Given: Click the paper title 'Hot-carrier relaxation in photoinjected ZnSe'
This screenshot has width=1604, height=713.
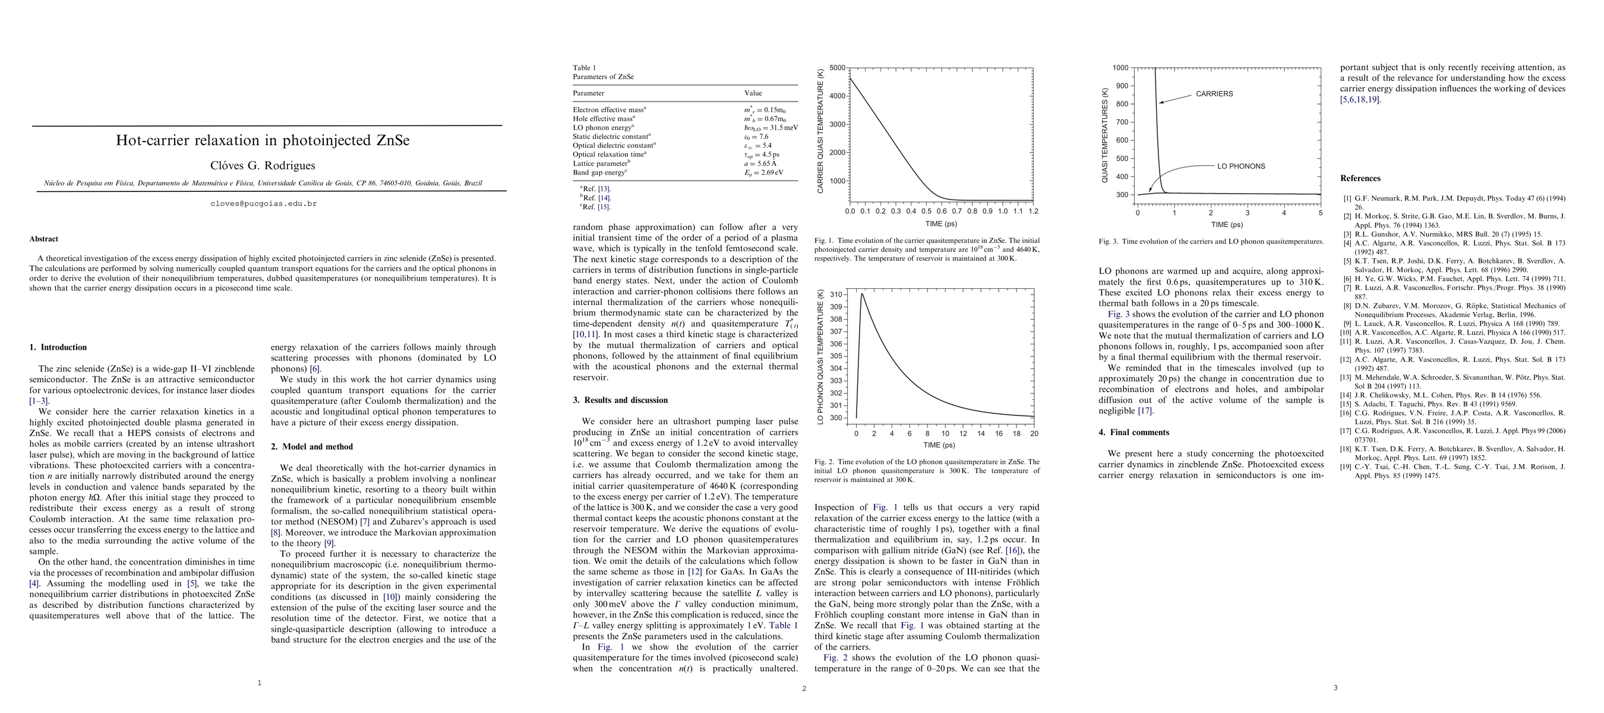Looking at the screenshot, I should coord(262,141).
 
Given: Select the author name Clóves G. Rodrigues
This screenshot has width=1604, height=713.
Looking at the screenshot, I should coord(262,166).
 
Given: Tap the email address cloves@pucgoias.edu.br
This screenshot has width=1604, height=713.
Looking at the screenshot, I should coord(263,204).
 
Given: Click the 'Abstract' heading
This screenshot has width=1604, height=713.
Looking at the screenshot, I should coord(43,239).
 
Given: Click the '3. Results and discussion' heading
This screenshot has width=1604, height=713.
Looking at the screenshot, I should coord(620,400).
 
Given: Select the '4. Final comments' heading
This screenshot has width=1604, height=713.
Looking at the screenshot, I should coord(1134,432).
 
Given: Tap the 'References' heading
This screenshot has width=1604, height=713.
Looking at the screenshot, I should coord(1360,179).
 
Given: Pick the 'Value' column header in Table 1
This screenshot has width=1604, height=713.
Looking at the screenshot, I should coord(753,93).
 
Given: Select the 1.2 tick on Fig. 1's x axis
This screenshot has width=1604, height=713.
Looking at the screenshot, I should coord(1033,212).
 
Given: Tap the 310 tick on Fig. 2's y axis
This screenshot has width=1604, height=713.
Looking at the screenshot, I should coord(836,295).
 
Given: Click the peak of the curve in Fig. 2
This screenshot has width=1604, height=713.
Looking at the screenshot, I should coord(862,294).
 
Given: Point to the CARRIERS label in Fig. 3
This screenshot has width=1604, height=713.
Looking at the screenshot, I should coord(1214,94).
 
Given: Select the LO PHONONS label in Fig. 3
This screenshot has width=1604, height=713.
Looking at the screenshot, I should coord(1241,166).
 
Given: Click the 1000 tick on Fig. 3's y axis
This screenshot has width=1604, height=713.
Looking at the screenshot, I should coord(1120,68).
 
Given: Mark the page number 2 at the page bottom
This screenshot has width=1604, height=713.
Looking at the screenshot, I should coord(804,689).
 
